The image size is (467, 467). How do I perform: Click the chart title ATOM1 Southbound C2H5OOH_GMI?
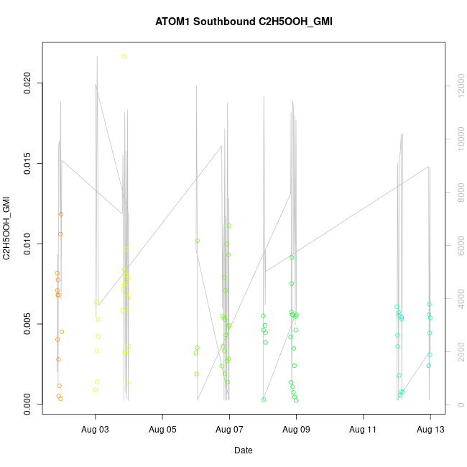point(244,22)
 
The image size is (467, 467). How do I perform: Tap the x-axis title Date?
point(243,450)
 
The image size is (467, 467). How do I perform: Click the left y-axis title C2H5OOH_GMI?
point(6,228)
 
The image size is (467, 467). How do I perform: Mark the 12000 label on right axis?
point(457,86)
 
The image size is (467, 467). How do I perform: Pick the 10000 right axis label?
point(457,139)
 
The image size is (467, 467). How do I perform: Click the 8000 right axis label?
point(457,193)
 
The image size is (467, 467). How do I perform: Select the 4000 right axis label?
point(457,299)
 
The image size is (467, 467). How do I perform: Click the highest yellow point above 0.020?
point(124,56)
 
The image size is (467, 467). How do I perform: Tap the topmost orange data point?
point(61,214)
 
